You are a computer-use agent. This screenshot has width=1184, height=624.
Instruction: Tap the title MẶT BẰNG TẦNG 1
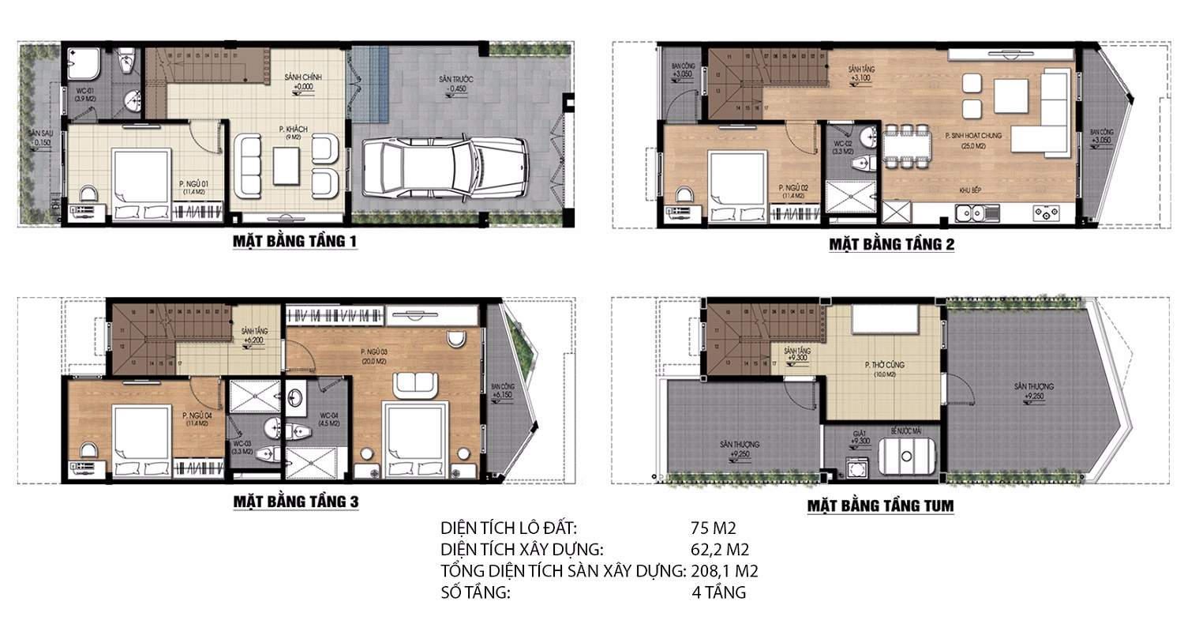(294, 241)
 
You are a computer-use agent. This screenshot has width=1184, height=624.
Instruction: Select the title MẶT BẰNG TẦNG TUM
(880, 506)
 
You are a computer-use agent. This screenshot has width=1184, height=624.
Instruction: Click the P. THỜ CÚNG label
(882, 365)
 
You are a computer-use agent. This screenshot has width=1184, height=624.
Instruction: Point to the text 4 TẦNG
(718, 592)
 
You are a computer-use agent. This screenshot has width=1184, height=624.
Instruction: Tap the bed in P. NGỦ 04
(142, 438)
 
